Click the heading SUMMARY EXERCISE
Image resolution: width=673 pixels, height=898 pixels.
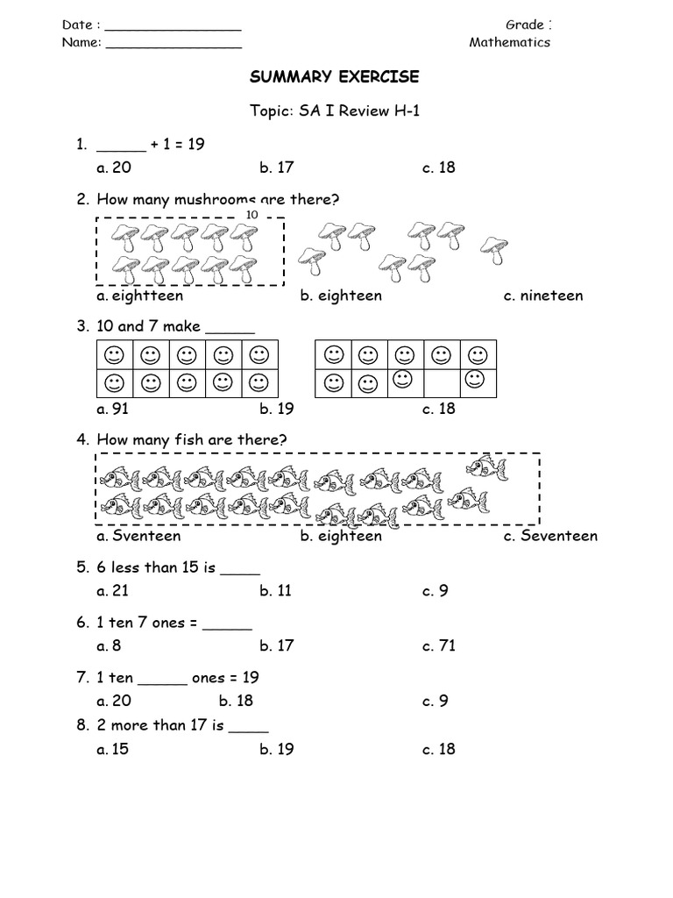click(x=335, y=77)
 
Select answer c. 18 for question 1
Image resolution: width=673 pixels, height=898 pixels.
click(x=439, y=167)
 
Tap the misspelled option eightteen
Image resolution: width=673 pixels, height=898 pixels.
click(x=140, y=296)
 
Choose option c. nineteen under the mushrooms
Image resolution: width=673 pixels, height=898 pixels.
click(x=543, y=296)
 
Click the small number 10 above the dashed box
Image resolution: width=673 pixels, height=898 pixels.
click(x=252, y=215)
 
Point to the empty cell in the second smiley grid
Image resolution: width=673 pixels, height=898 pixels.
click(x=440, y=381)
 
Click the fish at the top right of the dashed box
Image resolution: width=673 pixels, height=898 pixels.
click(x=485, y=467)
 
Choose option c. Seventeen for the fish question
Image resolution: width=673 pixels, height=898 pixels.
click(x=550, y=536)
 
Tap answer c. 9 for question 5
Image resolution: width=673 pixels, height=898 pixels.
click(x=436, y=591)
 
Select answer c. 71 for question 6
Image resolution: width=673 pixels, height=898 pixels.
click(x=439, y=646)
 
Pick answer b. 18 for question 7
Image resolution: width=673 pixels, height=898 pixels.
click(x=236, y=701)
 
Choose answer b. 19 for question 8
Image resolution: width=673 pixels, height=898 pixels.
click(x=276, y=749)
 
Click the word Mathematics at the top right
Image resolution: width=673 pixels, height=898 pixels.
click(x=509, y=42)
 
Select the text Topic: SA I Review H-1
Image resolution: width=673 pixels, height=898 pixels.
click(x=336, y=111)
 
